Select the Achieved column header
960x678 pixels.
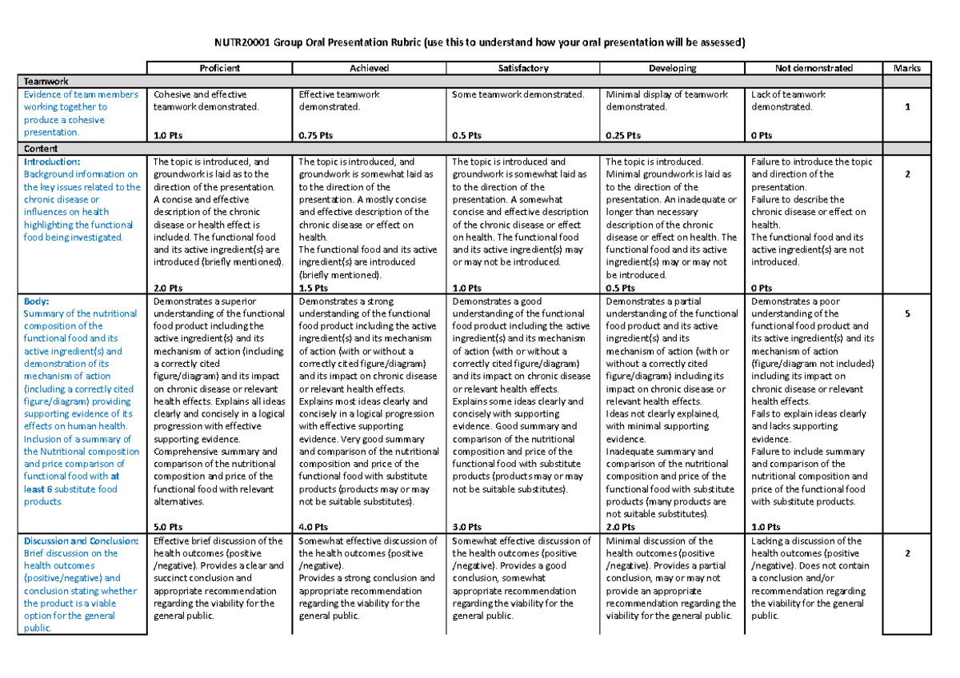click(369, 68)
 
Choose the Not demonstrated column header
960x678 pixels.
click(814, 68)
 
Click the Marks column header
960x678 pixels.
click(907, 68)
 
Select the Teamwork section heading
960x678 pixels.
click(46, 82)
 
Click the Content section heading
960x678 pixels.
click(41, 149)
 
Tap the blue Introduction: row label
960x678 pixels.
click(53, 162)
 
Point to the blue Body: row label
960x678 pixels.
click(37, 301)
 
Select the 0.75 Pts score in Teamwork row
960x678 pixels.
click(313, 136)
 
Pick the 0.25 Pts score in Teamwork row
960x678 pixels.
click(622, 136)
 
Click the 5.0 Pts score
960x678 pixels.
click(167, 528)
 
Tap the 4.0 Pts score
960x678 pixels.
click(313, 528)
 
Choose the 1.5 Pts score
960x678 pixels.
click(313, 288)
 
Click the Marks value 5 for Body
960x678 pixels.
click(907, 314)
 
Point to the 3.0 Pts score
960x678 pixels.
click(467, 528)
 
